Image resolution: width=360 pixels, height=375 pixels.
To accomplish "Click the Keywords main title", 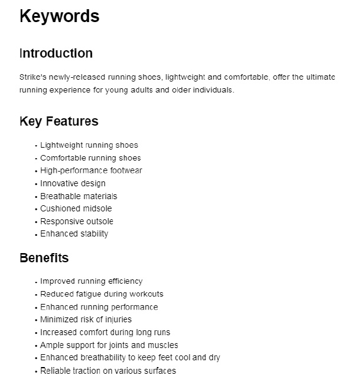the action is (x=59, y=16).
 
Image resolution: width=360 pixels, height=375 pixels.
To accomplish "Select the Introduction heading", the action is (x=56, y=53).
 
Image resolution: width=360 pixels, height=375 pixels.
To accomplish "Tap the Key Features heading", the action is (x=59, y=121).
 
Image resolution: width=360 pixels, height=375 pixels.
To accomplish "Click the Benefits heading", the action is (x=44, y=257).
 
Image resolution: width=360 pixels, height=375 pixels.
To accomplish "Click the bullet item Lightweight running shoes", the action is (x=89, y=145).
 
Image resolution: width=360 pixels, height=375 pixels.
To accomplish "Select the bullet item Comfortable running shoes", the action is (x=90, y=158).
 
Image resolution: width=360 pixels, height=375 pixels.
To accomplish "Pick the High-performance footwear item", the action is (x=91, y=170).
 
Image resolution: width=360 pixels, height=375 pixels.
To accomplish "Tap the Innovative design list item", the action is (x=72, y=183).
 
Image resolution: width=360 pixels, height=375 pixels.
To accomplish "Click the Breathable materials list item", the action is (x=79, y=196).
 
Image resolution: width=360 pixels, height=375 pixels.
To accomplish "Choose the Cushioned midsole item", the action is (x=76, y=209).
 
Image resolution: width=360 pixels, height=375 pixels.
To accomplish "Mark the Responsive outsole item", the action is (x=77, y=221).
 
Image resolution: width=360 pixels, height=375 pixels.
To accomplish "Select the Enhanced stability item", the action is (x=74, y=233).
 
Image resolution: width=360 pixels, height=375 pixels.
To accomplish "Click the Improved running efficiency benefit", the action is (x=91, y=281).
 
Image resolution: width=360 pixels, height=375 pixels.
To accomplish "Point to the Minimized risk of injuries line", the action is (x=86, y=319).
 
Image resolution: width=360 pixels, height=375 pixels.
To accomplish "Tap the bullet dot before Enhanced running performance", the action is (x=36, y=308).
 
